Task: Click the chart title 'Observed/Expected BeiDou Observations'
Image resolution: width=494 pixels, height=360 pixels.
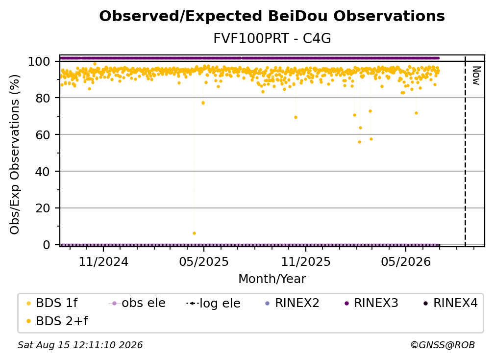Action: click(x=272, y=16)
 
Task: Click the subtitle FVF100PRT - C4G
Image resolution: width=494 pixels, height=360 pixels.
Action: click(x=272, y=39)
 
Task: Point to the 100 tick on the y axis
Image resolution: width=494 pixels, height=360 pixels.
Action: click(x=39, y=61)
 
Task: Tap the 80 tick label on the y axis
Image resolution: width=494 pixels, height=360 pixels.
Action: click(x=43, y=98)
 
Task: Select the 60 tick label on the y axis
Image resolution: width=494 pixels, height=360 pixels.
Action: click(x=43, y=135)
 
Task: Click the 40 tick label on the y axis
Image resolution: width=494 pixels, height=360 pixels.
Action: click(x=43, y=172)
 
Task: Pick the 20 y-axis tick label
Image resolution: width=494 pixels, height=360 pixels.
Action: click(x=43, y=208)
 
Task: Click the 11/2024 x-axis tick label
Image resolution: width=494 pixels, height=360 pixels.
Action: click(x=103, y=261)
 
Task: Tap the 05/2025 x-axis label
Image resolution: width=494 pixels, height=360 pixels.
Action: click(x=204, y=261)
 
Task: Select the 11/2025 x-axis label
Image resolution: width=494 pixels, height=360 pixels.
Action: click(x=306, y=261)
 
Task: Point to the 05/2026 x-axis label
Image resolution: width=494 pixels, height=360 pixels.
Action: click(x=406, y=261)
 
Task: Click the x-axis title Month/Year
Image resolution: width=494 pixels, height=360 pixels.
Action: click(x=272, y=279)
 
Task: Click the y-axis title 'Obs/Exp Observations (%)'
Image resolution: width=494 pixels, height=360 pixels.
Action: click(x=15, y=154)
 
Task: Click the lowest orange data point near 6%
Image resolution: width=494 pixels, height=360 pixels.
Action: click(x=194, y=233)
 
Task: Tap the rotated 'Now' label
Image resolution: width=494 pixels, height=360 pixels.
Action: click(x=476, y=76)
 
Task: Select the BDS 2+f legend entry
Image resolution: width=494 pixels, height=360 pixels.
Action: click(x=57, y=321)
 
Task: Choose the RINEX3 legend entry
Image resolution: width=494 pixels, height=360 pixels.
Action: click(x=371, y=303)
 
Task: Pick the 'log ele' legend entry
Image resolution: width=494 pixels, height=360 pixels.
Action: click(x=213, y=303)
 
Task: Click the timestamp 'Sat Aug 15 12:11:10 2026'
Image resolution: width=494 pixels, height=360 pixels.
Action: click(x=80, y=345)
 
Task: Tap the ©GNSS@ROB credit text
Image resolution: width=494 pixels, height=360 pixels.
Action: click(x=443, y=345)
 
